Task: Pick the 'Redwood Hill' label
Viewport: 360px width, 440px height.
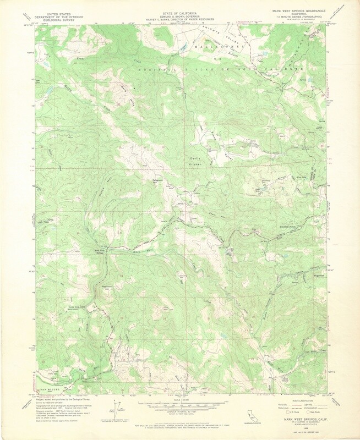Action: pyautogui.click(x=107, y=287)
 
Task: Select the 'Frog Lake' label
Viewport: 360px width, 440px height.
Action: pyautogui.click(x=300, y=177)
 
